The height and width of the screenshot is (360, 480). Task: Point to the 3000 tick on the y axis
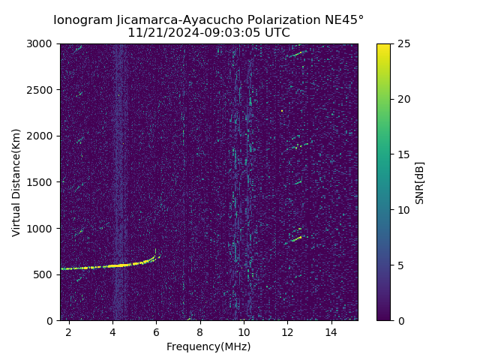43,44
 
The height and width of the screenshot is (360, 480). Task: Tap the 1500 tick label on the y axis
43,182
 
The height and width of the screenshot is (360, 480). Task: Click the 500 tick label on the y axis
46,274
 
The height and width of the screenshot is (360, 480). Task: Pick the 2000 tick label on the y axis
43,136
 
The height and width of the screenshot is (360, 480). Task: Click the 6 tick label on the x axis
156,331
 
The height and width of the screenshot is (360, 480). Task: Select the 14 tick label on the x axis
331,331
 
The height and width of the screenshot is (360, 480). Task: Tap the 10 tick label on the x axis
244,331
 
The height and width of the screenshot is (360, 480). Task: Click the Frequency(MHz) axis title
208,346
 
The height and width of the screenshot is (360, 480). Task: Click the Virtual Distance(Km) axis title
16,182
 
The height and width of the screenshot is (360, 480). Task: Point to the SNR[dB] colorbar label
420,182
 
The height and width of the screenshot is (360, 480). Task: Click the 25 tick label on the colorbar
403,44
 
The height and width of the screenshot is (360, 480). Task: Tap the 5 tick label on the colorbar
400,265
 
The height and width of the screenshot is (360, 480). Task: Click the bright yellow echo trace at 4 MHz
112,265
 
